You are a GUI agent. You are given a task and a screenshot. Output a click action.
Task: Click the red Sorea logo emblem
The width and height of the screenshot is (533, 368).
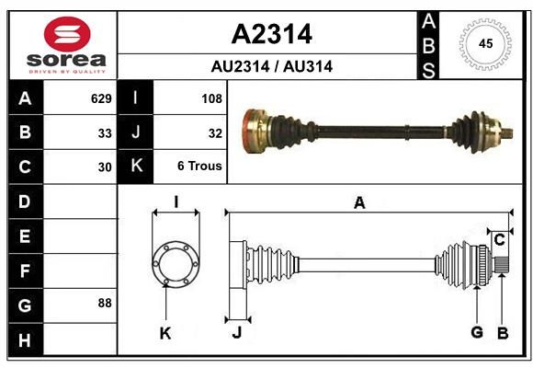67,34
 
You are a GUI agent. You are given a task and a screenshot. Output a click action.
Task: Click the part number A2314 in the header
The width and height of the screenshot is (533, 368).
272,34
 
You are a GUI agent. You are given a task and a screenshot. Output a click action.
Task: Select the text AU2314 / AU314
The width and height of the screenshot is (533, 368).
272,66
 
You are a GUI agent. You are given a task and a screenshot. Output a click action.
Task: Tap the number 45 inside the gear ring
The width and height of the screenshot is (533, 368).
485,43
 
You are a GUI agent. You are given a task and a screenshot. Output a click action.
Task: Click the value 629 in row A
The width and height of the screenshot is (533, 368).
101,98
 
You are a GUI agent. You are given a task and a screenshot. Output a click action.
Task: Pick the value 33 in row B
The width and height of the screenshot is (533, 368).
105,133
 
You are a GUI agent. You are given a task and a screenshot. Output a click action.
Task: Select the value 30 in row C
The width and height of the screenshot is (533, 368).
105,167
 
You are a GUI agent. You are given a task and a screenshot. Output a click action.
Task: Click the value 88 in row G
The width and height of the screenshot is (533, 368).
105,303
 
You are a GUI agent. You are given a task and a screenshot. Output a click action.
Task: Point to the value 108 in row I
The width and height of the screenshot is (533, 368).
211,98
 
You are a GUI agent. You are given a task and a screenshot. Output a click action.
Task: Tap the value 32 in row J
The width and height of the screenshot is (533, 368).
215,133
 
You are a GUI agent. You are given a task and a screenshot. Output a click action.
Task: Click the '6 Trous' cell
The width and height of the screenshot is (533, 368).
199,166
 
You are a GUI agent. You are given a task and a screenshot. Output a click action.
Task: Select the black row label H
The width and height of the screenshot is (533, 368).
26,339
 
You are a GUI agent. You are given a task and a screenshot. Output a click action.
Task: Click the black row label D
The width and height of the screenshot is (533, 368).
26,201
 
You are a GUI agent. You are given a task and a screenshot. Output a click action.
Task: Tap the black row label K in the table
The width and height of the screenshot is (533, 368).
135,166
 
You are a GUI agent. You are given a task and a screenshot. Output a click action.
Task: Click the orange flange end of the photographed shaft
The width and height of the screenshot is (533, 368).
255,131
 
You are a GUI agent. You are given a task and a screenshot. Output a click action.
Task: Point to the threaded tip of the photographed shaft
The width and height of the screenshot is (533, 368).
506,133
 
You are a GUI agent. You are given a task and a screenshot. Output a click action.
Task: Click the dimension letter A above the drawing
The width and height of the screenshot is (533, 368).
359,203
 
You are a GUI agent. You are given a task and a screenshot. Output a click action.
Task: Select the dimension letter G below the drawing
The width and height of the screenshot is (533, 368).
477,332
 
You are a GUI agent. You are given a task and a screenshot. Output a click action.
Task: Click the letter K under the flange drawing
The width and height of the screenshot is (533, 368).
165,333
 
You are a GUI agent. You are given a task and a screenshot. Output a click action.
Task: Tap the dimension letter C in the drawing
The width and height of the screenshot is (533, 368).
499,240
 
